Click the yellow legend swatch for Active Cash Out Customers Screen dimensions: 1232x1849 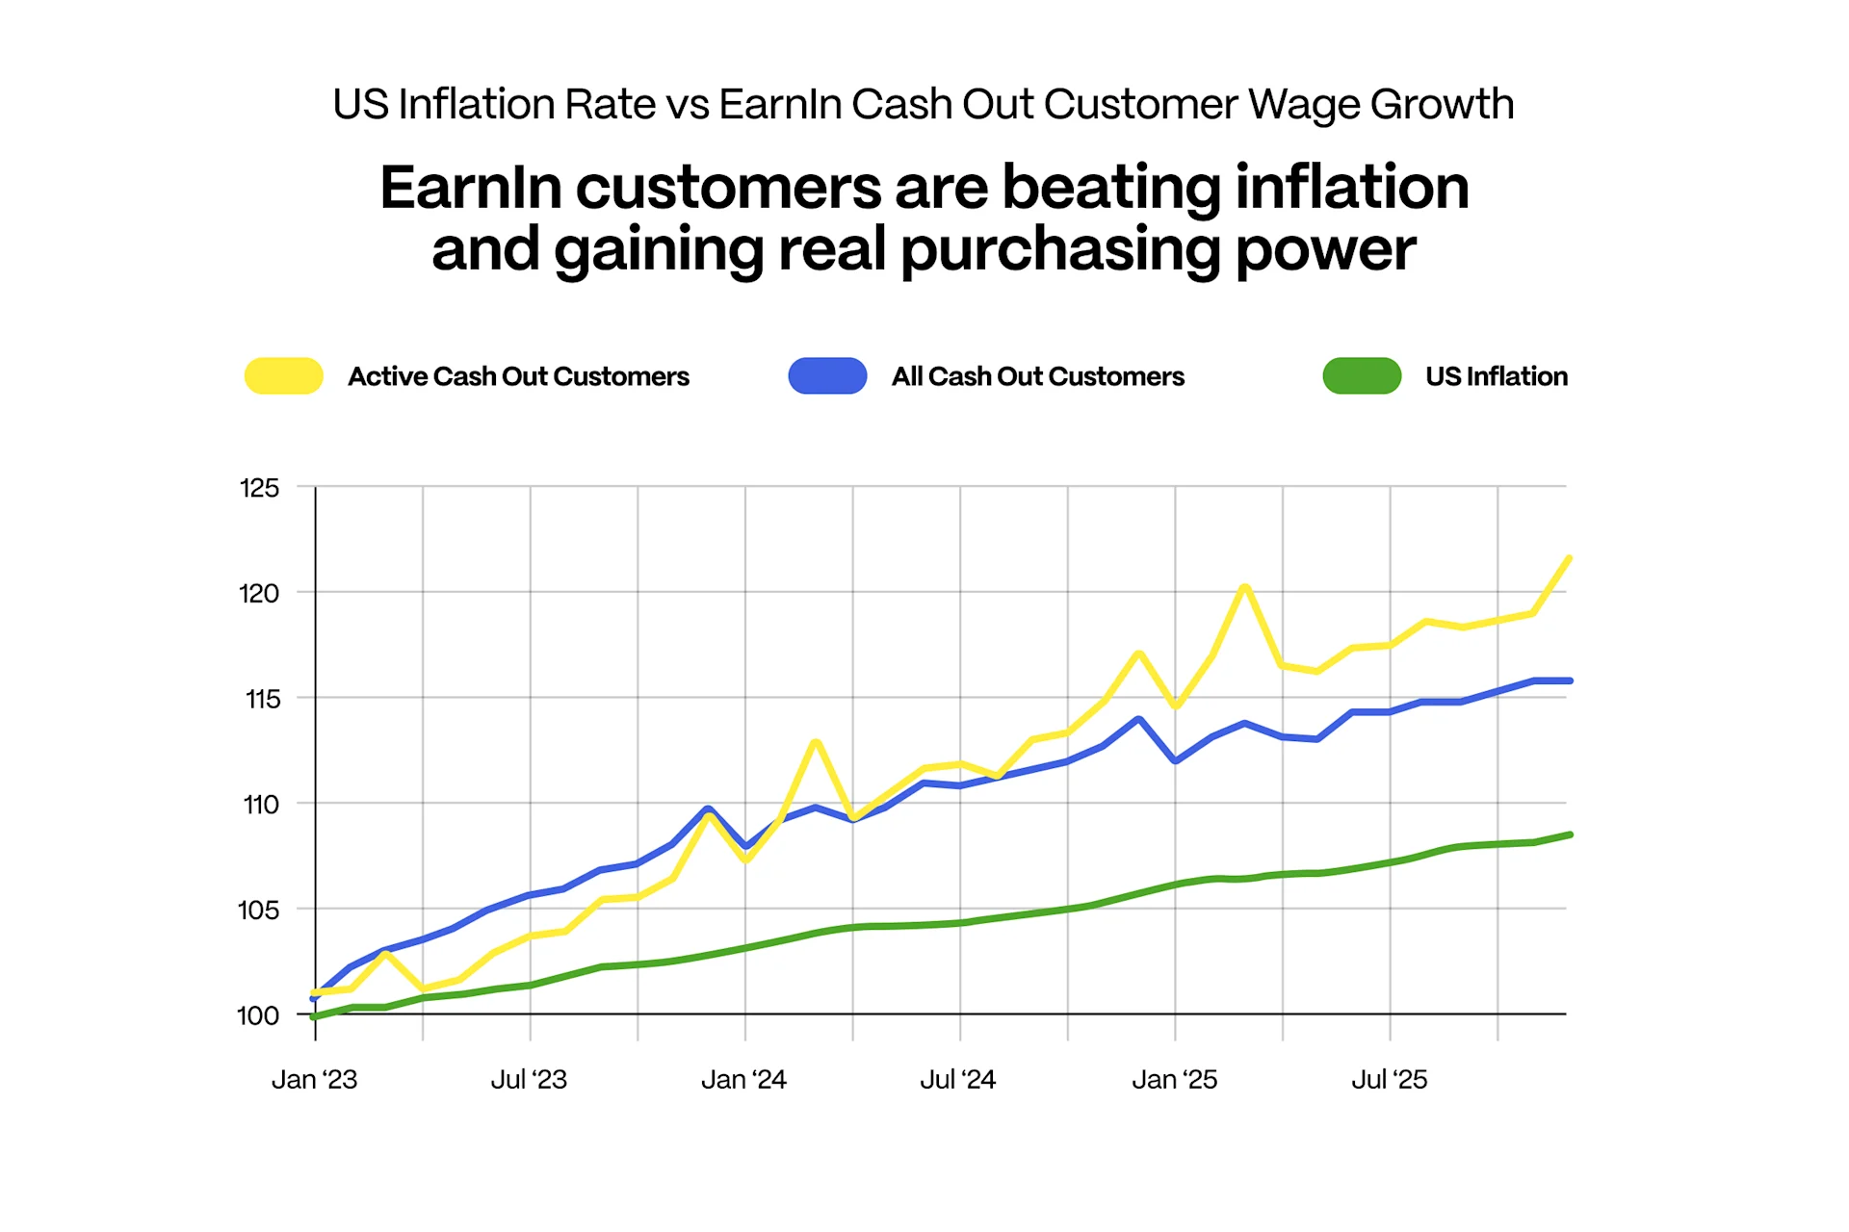tap(283, 375)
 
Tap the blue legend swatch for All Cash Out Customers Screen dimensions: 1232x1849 tap(827, 375)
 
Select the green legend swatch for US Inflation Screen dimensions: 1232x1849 tap(1362, 375)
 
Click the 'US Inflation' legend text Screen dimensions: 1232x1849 tap(1496, 376)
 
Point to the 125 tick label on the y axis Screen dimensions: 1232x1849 tap(259, 488)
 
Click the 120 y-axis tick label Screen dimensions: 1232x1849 tap(259, 593)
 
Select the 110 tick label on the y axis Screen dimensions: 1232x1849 tap(260, 804)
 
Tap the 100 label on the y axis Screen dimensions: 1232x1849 tap(258, 1015)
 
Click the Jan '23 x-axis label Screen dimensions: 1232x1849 tap(314, 1079)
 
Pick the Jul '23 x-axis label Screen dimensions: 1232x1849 tap(529, 1079)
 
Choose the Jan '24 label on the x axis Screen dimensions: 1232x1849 tap(743, 1079)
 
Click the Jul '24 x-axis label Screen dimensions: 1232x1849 tap(957, 1079)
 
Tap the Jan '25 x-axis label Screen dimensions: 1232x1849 tap(1174, 1079)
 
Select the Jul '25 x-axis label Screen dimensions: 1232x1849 tap(1389, 1079)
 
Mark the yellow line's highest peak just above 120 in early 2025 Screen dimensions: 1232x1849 tap(1245, 586)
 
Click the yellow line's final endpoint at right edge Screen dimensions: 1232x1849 tap(1569, 558)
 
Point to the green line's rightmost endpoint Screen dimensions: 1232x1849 tap(1570, 834)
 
